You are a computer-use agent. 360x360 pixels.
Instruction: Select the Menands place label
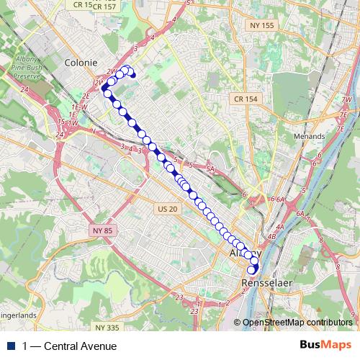tap(311, 135)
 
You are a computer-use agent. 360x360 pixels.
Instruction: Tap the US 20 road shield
tap(166, 209)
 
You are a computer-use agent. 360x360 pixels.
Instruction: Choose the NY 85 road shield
tap(102, 230)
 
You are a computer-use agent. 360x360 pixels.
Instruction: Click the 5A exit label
tap(210, 168)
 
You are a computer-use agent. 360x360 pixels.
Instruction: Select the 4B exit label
tap(271, 236)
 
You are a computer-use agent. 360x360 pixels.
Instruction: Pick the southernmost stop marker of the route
tap(252, 271)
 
